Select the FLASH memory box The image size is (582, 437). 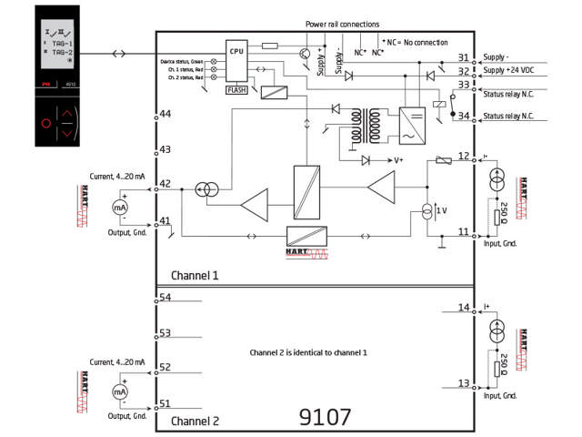click(x=236, y=89)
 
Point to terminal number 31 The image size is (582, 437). click(x=464, y=57)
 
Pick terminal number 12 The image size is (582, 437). click(x=464, y=156)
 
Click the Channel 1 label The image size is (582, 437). click(x=195, y=275)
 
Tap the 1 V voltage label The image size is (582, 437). click(x=442, y=210)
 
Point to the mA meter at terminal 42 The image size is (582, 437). click(x=118, y=208)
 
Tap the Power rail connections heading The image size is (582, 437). click(x=342, y=24)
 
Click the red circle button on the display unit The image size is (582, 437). click(x=45, y=123)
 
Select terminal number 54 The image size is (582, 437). click(x=166, y=298)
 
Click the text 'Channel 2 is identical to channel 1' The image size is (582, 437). click(x=309, y=351)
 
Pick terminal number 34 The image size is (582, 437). click(x=464, y=116)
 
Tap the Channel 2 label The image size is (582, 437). click(x=195, y=422)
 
